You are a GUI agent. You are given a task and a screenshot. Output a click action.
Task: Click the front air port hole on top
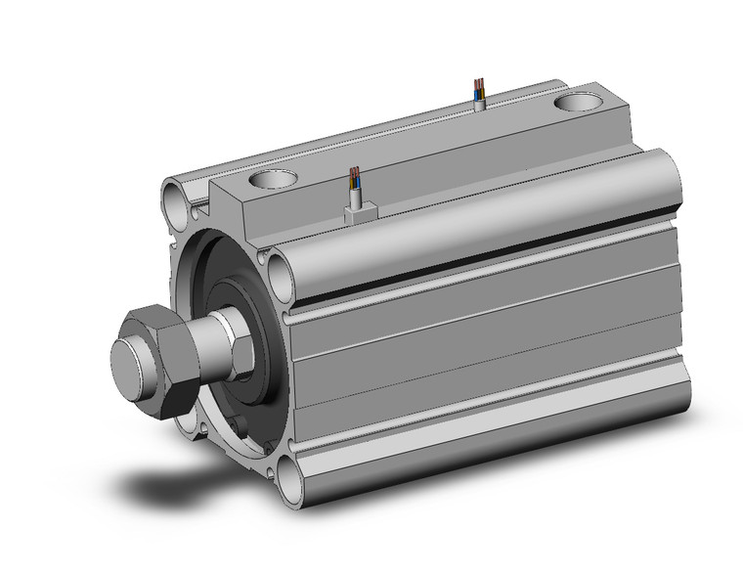click(x=272, y=180)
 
